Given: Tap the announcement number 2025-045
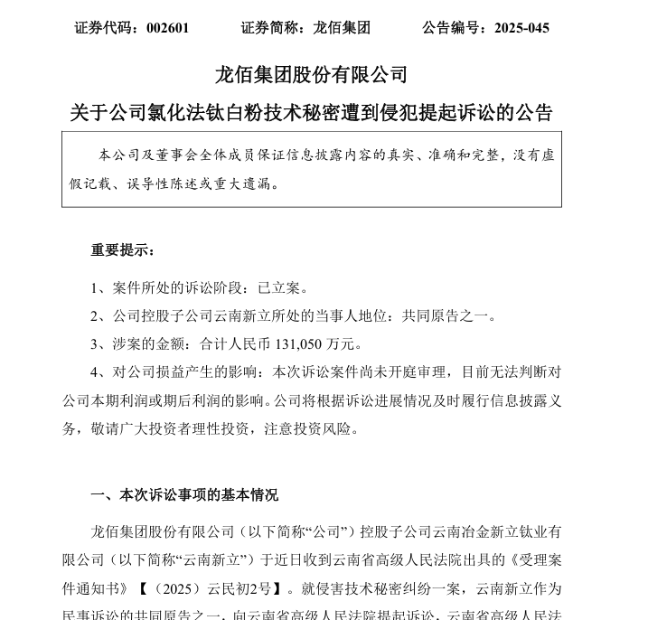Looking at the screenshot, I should [x=521, y=28].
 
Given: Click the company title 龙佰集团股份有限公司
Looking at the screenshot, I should [x=311, y=75].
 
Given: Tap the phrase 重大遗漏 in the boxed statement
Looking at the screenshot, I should [x=253, y=183].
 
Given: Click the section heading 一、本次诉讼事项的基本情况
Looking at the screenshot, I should [x=184, y=495].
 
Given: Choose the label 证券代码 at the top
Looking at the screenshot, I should [x=102, y=28].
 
